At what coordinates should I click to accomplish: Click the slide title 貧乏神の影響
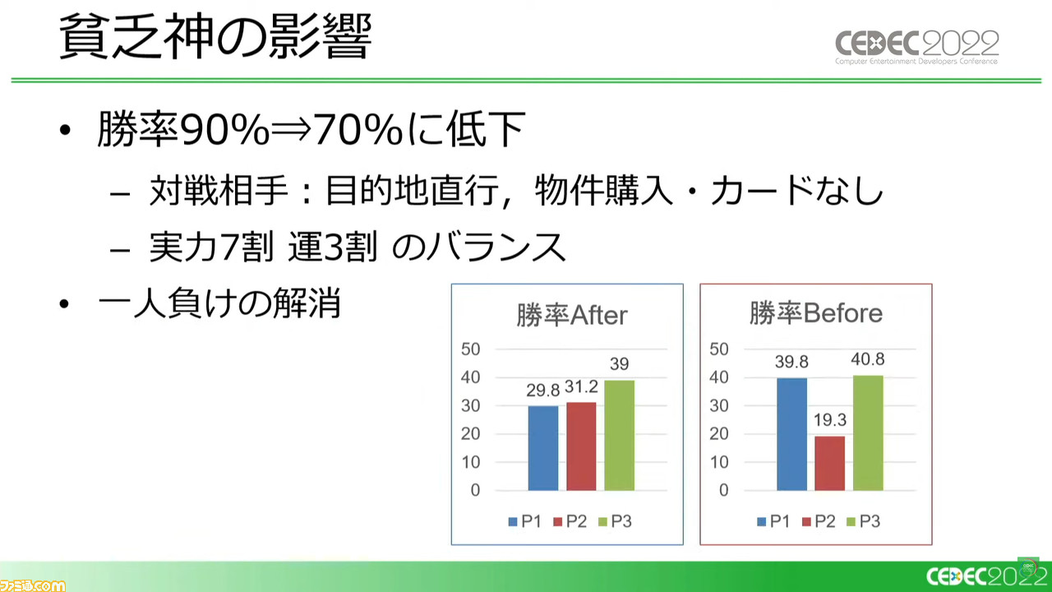[x=215, y=36]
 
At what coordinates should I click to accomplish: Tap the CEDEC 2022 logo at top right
[x=916, y=47]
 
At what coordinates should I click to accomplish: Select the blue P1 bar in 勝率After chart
[x=543, y=448]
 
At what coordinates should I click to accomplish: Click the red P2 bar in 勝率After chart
[x=581, y=446]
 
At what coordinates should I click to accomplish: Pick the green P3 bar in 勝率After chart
[x=620, y=436]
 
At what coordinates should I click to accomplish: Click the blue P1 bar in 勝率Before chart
[x=791, y=435]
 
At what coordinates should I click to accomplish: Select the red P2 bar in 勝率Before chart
[x=830, y=463]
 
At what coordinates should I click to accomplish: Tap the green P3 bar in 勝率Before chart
[x=868, y=432]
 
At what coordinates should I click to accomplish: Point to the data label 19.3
[x=830, y=419]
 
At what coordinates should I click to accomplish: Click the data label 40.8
[x=868, y=359]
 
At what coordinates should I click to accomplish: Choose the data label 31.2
[x=581, y=386]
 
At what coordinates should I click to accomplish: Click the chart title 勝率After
[x=571, y=315]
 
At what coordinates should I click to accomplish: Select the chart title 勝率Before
[x=816, y=313]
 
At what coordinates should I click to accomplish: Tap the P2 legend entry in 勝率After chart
[x=570, y=521]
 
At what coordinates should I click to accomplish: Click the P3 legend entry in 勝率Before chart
[x=863, y=521]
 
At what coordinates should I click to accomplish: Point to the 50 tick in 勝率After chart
[x=471, y=349]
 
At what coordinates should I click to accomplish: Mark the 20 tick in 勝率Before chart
[x=719, y=433]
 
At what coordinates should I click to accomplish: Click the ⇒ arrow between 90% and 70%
[x=291, y=130]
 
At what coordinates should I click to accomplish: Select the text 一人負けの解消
[x=219, y=303]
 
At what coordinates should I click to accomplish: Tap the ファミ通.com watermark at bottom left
[x=33, y=585]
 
